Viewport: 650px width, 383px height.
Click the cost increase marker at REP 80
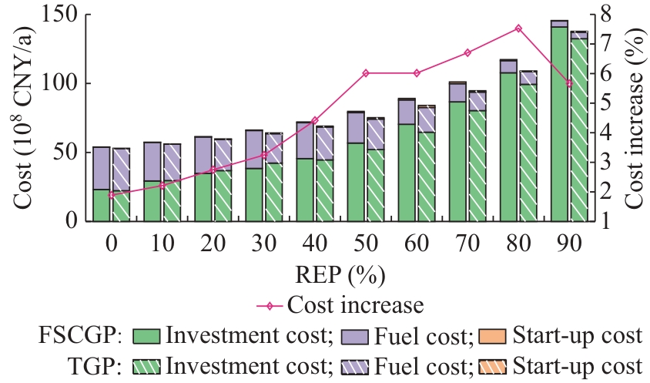click(x=518, y=29)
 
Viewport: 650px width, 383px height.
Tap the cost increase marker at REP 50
click(x=366, y=73)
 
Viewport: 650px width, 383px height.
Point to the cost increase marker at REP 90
click(x=569, y=83)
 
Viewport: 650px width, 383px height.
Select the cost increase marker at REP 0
click(x=111, y=195)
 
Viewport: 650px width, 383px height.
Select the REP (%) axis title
click(x=340, y=274)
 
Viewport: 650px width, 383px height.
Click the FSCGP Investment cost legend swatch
click(x=146, y=336)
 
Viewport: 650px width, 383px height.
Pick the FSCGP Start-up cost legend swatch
click(x=493, y=336)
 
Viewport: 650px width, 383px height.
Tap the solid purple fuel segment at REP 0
click(x=101, y=168)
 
